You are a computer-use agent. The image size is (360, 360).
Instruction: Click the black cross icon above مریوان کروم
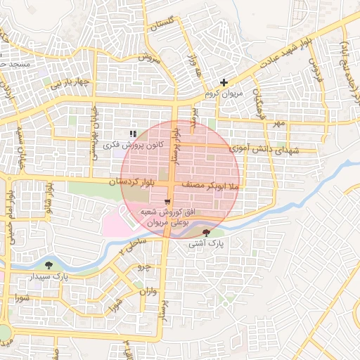point(224,83)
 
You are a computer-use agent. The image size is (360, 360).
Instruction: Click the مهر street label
point(280,124)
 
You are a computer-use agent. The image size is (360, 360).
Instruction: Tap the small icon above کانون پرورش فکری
point(132,133)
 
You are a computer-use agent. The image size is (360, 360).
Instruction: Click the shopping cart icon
point(167,202)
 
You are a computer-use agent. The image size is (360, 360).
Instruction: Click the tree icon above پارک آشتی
point(206,232)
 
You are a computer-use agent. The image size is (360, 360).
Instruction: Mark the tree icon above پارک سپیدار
point(49,265)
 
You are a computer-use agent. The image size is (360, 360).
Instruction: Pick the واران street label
point(147,290)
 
